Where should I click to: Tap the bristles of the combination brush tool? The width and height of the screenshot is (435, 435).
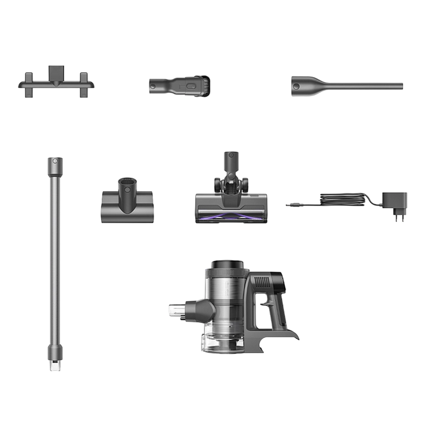click(x=204, y=85)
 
